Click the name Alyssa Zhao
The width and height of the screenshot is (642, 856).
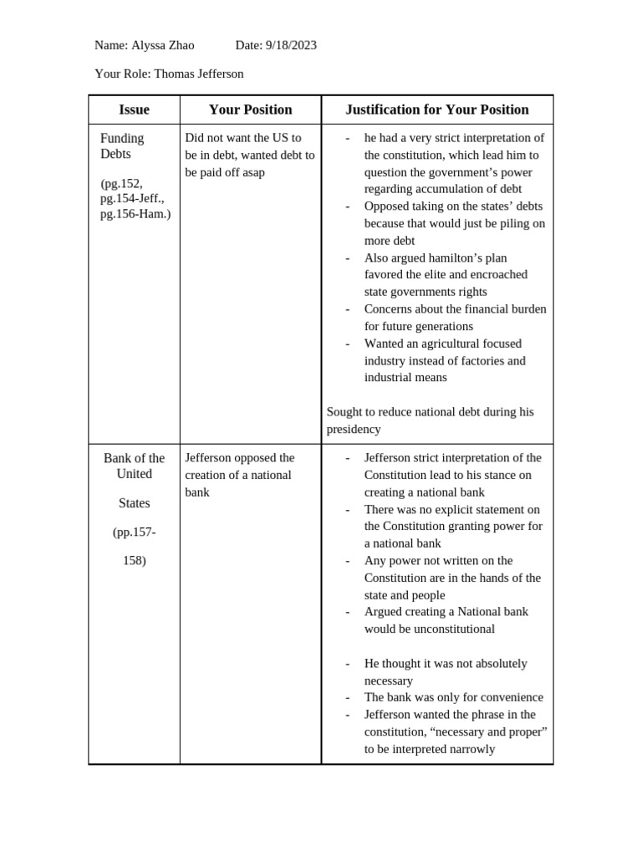click(x=163, y=45)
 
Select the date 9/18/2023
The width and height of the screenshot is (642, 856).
click(x=291, y=45)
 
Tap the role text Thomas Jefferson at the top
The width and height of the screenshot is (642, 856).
click(x=199, y=74)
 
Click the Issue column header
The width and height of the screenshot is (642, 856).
click(x=134, y=110)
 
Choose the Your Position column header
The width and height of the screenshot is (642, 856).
click(x=250, y=110)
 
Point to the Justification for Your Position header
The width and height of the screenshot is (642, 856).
click(x=436, y=110)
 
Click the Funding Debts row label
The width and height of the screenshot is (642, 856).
click(x=122, y=145)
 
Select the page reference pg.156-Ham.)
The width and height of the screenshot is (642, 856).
click(x=135, y=214)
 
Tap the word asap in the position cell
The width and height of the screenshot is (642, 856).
click(x=253, y=172)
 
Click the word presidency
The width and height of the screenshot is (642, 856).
click(x=354, y=429)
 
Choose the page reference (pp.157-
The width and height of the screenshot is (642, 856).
click(x=134, y=532)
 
